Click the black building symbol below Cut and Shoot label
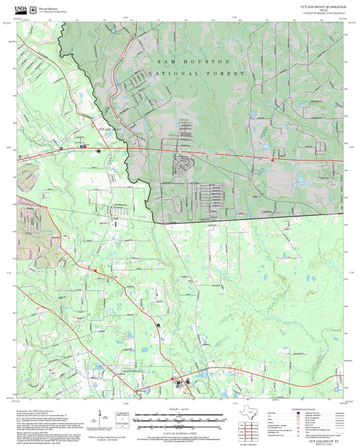99,152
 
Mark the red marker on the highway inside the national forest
272,160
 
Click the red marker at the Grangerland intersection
174,379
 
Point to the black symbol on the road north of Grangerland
158,325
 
